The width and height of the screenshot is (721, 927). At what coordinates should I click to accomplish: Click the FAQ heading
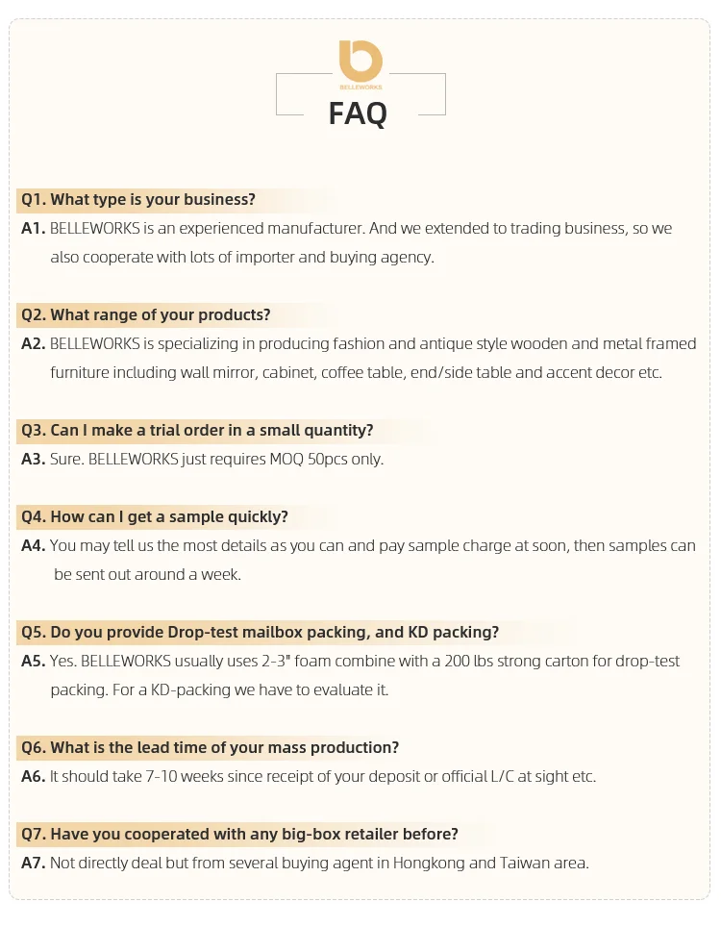pyautogui.click(x=358, y=113)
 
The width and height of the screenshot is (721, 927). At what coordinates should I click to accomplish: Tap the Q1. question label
pyautogui.click(x=34, y=200)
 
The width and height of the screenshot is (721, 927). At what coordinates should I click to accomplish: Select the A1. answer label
pyautogui.click(x=34, y=229)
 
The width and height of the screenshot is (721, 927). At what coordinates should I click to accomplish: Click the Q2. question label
pyautogui.click(x=34, y=315)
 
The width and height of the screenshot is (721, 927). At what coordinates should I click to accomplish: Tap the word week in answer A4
pyautogui.click(x=222, y=574)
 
